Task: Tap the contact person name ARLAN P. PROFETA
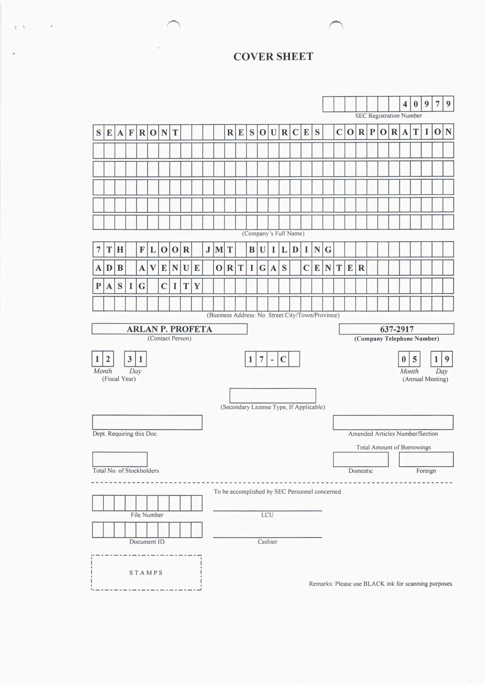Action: [169, 329]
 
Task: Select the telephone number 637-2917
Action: [397, 329]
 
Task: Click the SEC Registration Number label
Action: [388, 116]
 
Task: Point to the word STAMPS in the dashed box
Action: [146, 573]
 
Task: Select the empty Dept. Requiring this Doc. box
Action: [147, 422]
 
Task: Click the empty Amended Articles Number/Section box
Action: [393, 422]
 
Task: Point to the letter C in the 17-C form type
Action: [283, 359]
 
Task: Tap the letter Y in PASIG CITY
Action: [197, 286]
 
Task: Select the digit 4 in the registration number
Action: [405, 104]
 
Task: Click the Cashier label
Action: [267, 542]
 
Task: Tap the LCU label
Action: [267, 515]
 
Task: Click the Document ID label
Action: [147, 542]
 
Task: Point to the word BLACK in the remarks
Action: [374, 584]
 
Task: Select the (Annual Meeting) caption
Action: [425, 379]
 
